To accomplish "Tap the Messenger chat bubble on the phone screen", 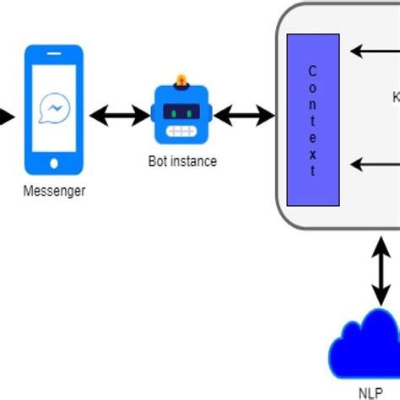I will [54, 109].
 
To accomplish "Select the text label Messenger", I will [54, 192].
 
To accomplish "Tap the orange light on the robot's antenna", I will [180, 81].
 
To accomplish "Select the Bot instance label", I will [180, 161].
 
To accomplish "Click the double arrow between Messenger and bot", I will [119, 116].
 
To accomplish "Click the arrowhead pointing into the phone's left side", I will [7, 116].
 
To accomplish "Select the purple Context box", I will [313, 120].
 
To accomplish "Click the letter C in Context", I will [313, 71].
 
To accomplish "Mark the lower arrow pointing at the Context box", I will [371, 164].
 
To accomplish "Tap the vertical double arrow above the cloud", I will [381, 272].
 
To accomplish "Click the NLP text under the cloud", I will [370, 392].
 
